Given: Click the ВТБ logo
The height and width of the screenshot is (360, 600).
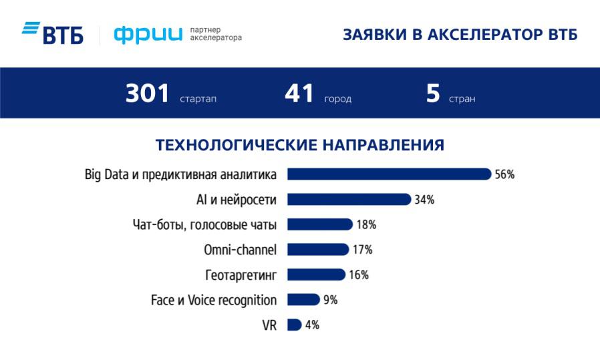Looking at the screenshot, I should (x=53, y=33).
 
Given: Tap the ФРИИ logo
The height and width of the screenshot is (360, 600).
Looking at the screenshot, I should (x=147, y=34).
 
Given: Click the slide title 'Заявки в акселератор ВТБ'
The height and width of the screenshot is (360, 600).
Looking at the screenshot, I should (x=460, y=35).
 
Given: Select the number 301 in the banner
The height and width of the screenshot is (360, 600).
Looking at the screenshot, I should (x=148, y=94).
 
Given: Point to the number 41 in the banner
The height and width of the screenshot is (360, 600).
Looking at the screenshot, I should (x=299, y=94).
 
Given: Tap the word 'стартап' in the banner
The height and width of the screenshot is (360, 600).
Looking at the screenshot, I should (x=198, y=99).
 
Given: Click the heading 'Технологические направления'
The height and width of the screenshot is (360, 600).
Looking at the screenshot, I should (x=300, y=144).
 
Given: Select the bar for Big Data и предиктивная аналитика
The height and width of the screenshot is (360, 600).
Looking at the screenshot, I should (x=389, y=174).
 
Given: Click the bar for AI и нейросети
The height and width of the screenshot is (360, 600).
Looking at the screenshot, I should (x=348, y=199).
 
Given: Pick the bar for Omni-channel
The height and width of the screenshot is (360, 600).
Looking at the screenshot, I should (x=317, y=250).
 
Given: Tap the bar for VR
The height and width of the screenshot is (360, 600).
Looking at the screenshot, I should (x=294, y=325).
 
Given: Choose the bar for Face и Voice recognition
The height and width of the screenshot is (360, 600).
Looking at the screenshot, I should (x=303, y=300).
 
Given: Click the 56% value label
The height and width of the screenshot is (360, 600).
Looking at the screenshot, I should (x=504, y=174).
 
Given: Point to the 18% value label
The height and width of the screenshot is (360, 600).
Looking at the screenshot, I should (x=366, y=225).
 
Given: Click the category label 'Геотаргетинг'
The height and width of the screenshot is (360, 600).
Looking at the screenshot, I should (x=241, y=275).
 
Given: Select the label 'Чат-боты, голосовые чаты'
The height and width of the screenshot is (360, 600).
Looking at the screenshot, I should (x=205, y=225).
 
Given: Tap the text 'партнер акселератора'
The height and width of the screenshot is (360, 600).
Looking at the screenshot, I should (x=216, y=34).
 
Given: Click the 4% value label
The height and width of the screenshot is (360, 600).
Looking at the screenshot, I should (x=312, y=325).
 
